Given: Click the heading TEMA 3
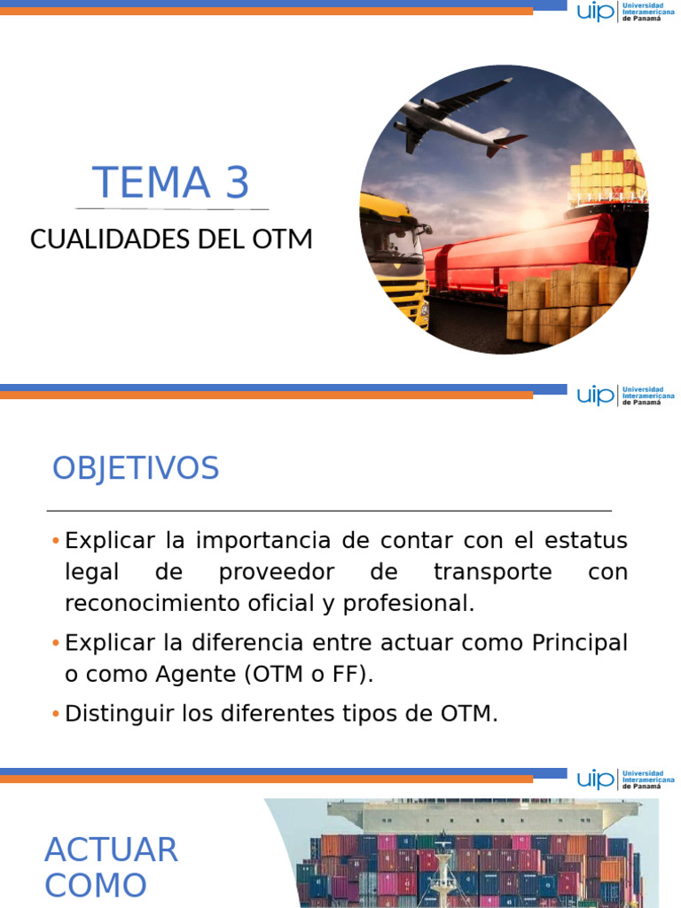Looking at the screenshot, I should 171,183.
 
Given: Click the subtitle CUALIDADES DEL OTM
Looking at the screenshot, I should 171,239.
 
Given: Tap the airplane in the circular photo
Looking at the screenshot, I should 457,120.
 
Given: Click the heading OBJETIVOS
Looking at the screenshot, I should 135,468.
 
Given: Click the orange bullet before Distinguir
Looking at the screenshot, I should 56,714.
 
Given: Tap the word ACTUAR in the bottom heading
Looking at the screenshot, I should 111,849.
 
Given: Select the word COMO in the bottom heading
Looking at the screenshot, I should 96,885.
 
